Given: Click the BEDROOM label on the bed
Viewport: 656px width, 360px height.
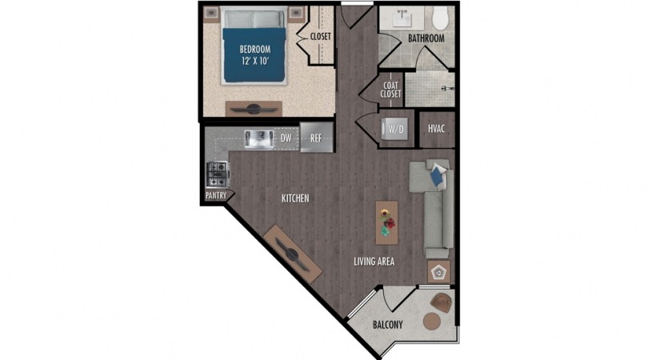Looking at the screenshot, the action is click(254, 50).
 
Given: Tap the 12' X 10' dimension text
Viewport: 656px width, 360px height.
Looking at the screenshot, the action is click(254, 61).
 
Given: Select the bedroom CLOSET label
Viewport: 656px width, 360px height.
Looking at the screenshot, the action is click(321, 37).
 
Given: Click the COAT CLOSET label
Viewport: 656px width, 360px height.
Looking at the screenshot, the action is click(390, 90).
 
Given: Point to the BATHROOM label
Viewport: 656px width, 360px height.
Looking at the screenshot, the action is click(426, 38).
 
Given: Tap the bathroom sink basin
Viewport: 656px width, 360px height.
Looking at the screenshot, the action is click(403, 18).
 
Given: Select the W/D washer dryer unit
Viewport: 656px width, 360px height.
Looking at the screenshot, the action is click(395, 129).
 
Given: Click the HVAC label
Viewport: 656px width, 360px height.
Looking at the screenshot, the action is click(436, 129).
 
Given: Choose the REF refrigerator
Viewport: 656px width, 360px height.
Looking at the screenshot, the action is click(317, 138).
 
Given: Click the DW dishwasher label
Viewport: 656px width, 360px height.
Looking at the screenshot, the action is click(286, 138).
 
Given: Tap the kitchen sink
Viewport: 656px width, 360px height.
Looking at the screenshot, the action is click(259, 139).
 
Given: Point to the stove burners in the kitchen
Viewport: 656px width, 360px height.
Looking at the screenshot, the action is click(218, 174).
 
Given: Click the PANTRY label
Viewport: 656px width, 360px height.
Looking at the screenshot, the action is click(216, 195).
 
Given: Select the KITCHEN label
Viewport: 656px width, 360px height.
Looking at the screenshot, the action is click(295, 198).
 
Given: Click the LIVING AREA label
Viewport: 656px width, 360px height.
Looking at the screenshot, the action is click(374, 262).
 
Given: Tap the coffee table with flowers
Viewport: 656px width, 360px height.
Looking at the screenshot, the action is click(387, 222).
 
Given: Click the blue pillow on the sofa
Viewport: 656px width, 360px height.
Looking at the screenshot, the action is click(438, 175).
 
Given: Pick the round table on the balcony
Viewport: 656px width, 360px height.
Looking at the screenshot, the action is click(432, 321).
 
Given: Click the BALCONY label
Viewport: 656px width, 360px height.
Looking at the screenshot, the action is click(388, 325).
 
